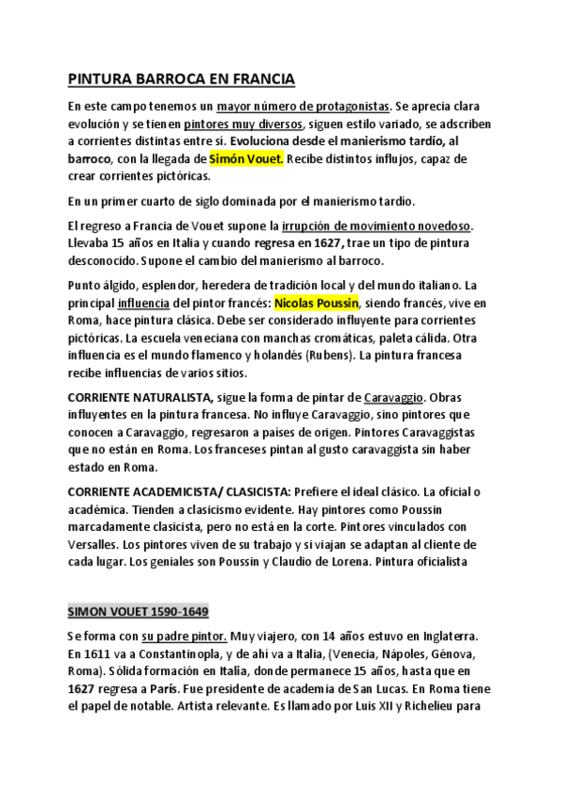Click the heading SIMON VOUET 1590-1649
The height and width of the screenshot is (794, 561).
coord(138,611)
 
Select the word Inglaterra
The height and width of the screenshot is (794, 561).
coord(443,636)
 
